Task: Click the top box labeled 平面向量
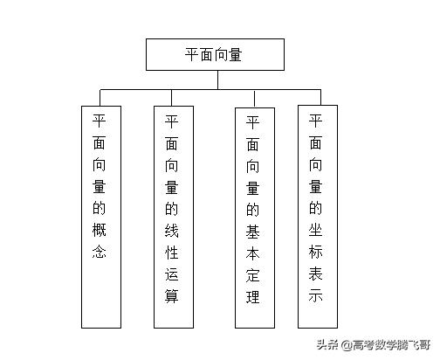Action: (215, 54)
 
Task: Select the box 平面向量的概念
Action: (101, 217)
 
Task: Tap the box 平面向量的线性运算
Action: (174, 217)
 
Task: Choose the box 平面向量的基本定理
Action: (255, 218)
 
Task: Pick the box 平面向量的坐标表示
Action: (318, 217)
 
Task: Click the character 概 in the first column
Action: (99, 230)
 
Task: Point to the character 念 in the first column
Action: (99, 252)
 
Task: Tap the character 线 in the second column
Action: (171, 231)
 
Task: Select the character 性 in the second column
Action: (171, 253)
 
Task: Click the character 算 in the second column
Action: (171, 296)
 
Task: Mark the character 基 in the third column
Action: (252, 232)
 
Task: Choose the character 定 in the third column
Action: (252, 275)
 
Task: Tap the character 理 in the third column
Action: (252, 297)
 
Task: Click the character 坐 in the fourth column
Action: (316, 230)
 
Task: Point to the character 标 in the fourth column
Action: (316, 252)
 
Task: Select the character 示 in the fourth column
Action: (316, 295)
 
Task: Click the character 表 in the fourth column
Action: (316, 273)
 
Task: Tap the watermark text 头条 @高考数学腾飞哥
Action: (374, 345)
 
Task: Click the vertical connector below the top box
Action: (217, 80)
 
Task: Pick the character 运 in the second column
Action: (171, 274)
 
